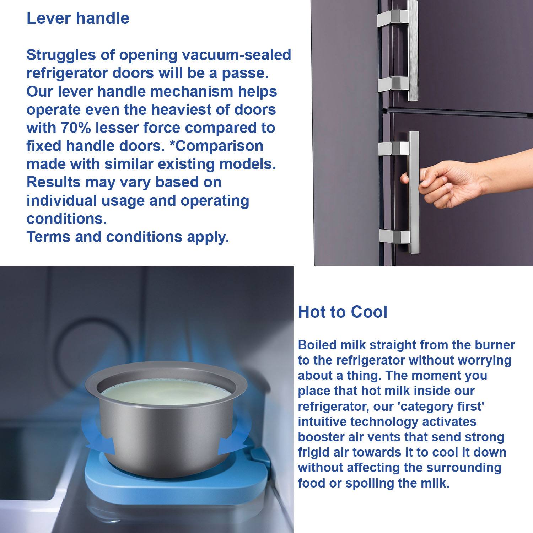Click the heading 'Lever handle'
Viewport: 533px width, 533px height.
coord(78,18)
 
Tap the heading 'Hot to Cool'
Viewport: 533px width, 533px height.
coord(343,312)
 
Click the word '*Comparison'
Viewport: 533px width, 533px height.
coord(216,146)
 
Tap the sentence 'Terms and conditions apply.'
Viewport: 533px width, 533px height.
coord(128,237)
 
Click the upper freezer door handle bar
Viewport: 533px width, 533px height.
coord(413,50)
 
